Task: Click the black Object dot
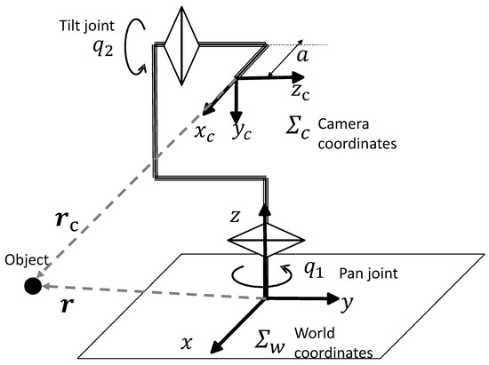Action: pyautogui.click(x=31, y=285)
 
